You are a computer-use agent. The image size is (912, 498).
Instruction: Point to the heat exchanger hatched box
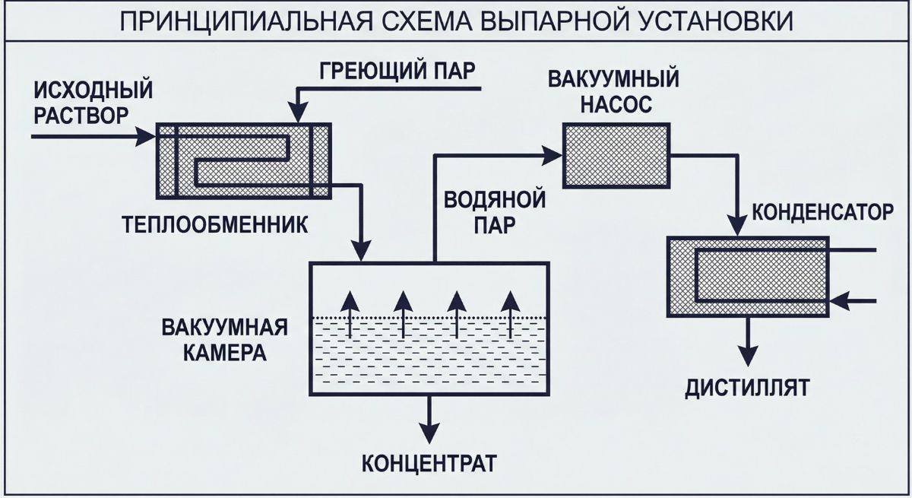click(x=243, y=160)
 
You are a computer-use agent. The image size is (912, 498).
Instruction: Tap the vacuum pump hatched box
click(x=616, y=156)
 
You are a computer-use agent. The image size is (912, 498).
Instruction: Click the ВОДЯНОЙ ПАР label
click(x=494, y=213)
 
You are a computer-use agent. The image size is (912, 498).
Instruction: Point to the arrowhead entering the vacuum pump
click(x=553, y=156)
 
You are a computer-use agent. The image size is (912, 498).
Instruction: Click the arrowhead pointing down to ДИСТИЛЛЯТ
click(x=749, y=355)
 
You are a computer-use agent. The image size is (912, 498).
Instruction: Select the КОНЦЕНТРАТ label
click(x=429, y=462)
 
